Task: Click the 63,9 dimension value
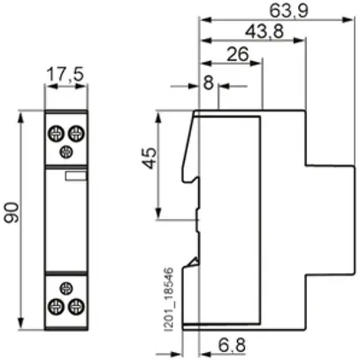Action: point(289,10)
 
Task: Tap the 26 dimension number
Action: point(238,54)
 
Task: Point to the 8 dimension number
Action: point(209,82)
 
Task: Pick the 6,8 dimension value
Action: point(232,345)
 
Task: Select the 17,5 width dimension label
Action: point(65,74)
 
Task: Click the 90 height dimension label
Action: point(12,212)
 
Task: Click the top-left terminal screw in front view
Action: point(56,134)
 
